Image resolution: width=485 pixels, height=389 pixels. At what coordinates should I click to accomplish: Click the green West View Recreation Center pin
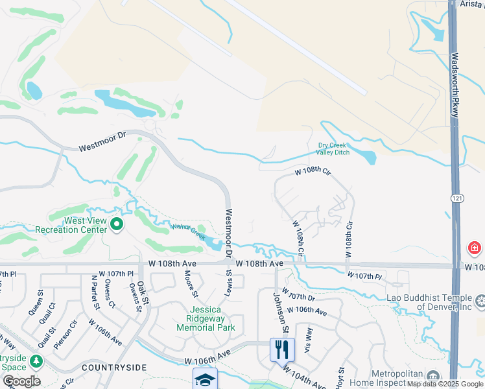click(x=117, y=224)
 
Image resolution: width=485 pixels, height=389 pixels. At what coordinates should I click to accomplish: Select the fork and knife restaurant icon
click(x=282, y=349)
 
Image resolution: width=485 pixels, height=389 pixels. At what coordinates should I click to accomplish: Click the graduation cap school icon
click(x=205, y=379)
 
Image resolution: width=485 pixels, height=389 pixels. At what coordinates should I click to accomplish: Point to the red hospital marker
click(x=474, y=248)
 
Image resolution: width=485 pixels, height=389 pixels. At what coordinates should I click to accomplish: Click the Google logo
click(x=21, y=381)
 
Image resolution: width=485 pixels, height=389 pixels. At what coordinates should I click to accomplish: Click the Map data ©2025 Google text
click(x=445, y=384)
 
